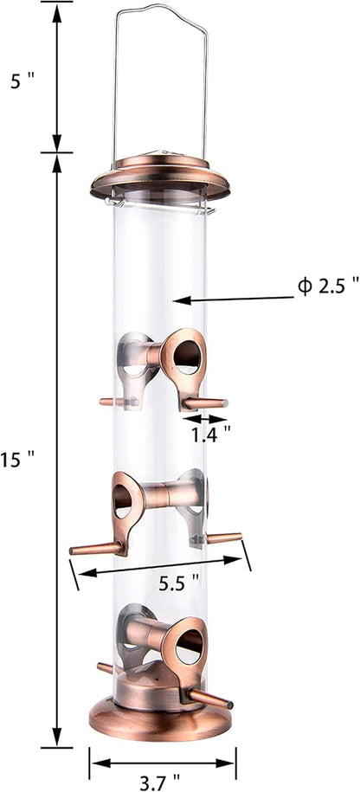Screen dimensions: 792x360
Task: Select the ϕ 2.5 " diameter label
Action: pos(328,311)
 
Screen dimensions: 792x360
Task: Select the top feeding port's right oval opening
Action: pos(186,357)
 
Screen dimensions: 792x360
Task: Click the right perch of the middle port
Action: pos(223,538)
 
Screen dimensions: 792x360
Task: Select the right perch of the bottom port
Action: pos(209,699)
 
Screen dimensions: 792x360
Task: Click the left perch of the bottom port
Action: pos(105,668)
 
